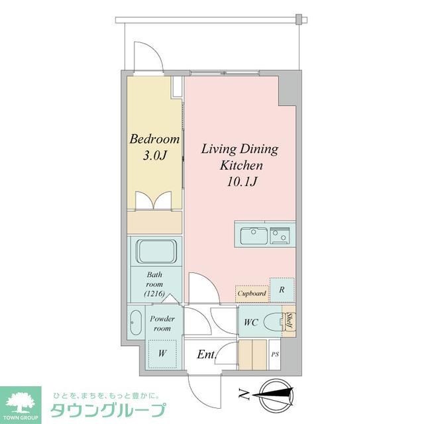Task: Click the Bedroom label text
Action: tap(154, 140)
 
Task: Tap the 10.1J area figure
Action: tap(239, 180)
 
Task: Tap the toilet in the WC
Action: tap(272, 323)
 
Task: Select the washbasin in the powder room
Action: tap(135, 322)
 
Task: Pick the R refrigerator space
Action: tap(282, 290)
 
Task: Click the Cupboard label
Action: tap(252, 293)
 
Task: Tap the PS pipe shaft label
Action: tap(275, 354)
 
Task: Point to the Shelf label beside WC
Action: tap(290, 321)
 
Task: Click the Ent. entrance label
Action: tap(206, 354)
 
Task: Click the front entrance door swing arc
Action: tap(201, 388)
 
